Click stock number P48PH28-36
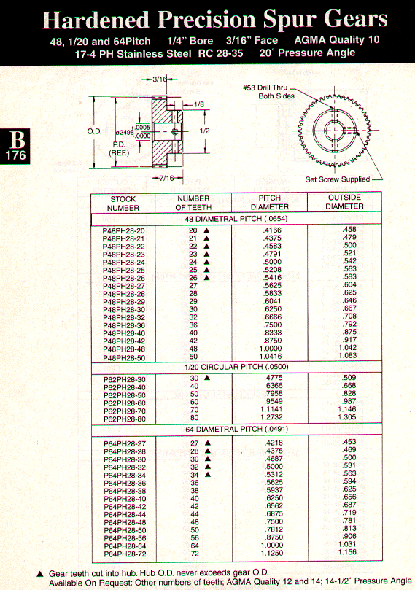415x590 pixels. pos(124,325)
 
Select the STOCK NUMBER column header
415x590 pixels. pos(123,203)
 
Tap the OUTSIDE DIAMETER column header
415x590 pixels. pos(344,202)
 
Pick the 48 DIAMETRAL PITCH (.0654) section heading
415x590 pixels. pos(236,219)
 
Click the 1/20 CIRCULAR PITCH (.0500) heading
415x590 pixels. pos(236,367)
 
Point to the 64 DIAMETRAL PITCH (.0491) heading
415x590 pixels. pos(236,430)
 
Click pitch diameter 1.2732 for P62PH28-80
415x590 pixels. pos(271,417)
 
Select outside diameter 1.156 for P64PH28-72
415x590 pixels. pos(347,552)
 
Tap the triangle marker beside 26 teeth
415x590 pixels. pos(206,278)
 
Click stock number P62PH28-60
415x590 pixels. pos(125,403)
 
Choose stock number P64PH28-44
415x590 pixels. pos(125,515)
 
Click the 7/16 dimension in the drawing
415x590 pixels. pos(166,178)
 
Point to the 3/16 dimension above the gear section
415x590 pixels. pos(160,79)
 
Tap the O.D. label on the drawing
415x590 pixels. pos(94,131)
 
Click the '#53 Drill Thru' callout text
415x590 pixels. pos(265,88)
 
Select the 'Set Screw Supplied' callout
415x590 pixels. pos(338,179)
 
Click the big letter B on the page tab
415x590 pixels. pos(18,139)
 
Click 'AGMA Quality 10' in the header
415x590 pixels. pos(337,40)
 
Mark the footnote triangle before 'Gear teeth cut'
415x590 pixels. pos(41,574)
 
